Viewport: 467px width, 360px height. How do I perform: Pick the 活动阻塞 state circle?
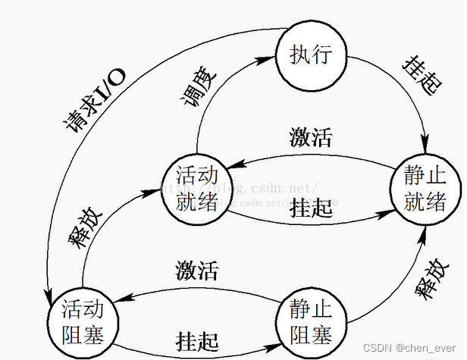[x=81, y=321]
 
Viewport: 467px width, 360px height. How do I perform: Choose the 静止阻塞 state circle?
[x=309, y=320]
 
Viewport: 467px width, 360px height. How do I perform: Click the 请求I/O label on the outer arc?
[x=96, y=96]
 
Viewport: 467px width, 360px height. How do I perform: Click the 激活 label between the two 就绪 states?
[x=311, y=139]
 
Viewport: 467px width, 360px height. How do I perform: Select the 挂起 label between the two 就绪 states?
[x=311, y=208]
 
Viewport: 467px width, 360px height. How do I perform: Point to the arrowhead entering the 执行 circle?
[x=270, y=57]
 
